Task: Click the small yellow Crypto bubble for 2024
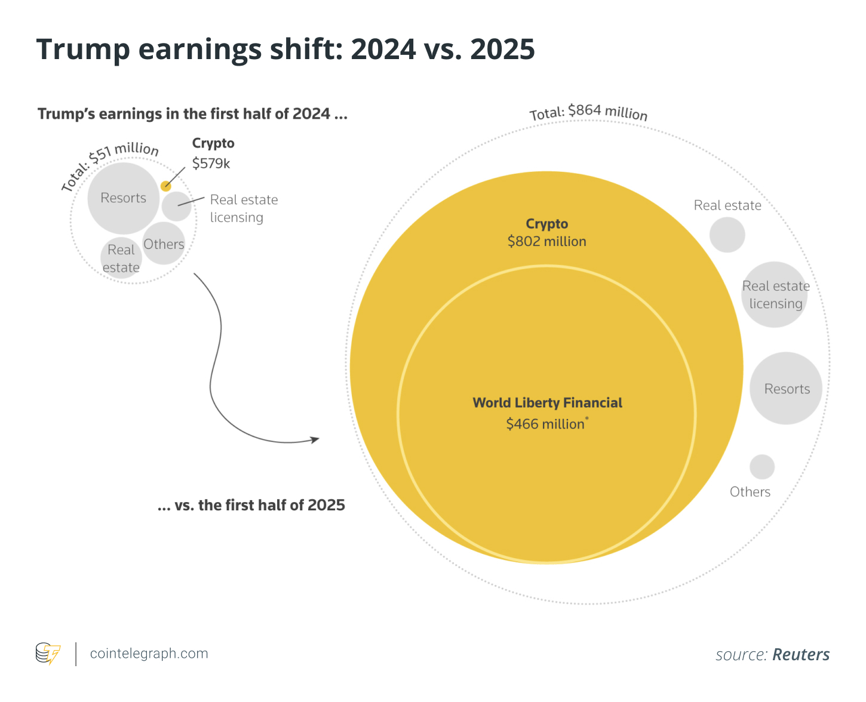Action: (166, 186)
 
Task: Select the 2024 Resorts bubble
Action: (124, 198)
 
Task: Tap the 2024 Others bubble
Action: (164, 244)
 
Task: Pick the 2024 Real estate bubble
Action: (121, 258)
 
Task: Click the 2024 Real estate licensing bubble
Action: (176, 206)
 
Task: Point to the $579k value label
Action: (211, 164)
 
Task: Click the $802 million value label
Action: (546, 242)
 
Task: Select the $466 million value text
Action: (545, 424)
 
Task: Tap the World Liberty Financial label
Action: (547, 403)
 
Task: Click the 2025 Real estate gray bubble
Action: (727, 235)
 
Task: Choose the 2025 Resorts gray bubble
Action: (786, 389)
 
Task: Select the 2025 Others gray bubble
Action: (762, 467)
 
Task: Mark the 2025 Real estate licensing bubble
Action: (775, 295)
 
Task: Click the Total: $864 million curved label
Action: (588, 112)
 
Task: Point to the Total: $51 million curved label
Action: (110, 164)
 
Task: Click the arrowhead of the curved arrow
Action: (315, 440)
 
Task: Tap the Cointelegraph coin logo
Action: (48, 654)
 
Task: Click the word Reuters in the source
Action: (801, 655)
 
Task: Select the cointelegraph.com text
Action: (149, 654)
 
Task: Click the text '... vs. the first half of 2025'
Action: (251, 506)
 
